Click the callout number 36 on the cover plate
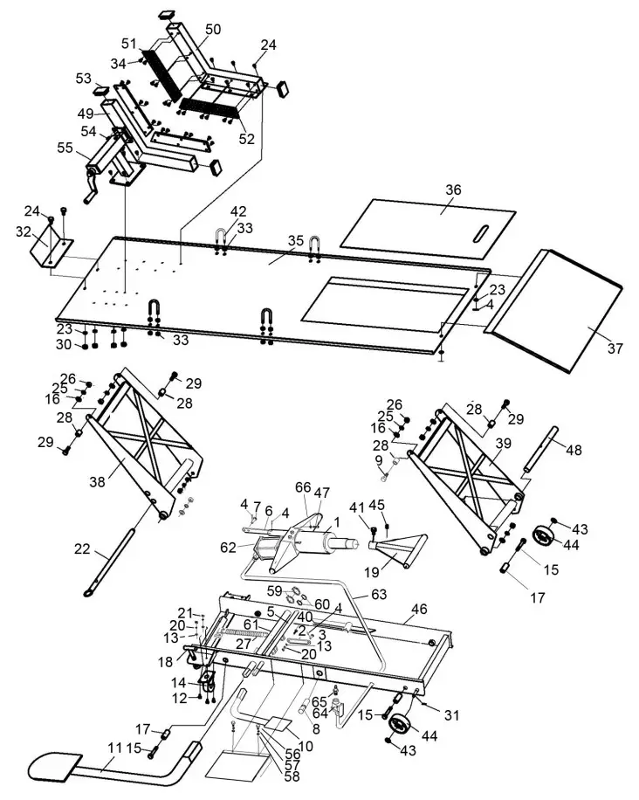(452, 190)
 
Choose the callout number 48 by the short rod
(573, 450)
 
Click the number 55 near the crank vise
(66, 148)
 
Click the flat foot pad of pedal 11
(57, 768)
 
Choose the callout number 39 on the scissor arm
(503, 444)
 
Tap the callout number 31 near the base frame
(451, 715)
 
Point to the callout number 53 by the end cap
(84, 79)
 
